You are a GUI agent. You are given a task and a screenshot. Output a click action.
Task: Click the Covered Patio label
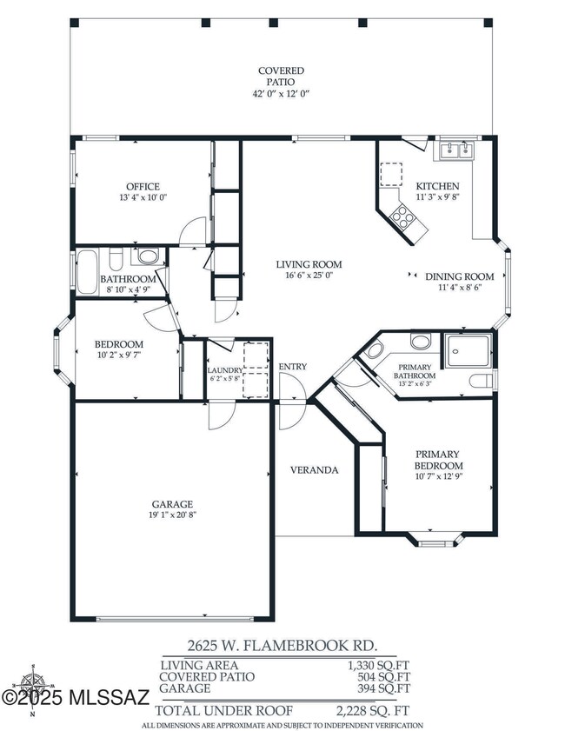[281, 76]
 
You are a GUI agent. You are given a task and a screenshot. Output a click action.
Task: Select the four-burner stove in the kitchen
[402, 217]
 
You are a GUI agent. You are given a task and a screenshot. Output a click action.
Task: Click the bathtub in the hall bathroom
[87, 272]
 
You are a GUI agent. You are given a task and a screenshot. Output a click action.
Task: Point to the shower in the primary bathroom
[468, 350]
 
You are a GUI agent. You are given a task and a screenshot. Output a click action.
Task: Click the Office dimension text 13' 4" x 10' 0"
[143, 197]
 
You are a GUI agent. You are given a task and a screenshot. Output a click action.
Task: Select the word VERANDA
[314, 470]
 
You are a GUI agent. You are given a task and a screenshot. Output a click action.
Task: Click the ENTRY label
[293, 367]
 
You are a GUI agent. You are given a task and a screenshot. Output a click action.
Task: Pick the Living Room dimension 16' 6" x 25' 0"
[309, 275]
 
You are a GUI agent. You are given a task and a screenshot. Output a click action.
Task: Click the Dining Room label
[459, 276]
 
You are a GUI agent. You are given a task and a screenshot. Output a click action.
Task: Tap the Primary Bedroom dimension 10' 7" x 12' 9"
[439, 476]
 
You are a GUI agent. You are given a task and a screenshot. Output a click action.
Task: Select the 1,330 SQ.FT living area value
[376, 666]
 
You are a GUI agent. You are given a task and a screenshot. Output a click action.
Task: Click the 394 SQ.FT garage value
[383, 688]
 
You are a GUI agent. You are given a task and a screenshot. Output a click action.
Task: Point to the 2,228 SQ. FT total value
[373, 711]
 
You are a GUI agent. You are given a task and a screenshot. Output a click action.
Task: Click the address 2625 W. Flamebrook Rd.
[282, 646]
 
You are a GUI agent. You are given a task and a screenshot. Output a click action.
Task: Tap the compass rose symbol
[33, 688]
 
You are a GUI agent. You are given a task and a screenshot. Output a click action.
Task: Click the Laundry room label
[225, 370]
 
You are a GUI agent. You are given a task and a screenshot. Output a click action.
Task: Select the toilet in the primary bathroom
[481, 381]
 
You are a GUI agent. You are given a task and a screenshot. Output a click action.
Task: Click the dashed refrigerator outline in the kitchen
[391, 175]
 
